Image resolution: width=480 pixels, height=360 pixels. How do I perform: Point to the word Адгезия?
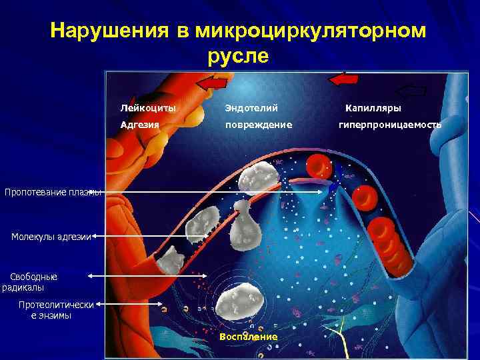click(139, 124)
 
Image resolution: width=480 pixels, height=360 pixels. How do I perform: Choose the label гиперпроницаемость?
click(389, 124)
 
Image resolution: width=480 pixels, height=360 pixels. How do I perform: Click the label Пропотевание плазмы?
click(53, 193)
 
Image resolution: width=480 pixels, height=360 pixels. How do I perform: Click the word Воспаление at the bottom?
click(248, 337)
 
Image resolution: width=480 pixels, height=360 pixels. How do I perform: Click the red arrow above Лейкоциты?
click(212, 83)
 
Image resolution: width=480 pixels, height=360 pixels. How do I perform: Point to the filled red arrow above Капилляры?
click(343, 79)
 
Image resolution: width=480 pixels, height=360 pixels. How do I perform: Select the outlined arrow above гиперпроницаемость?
click(411, 91)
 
